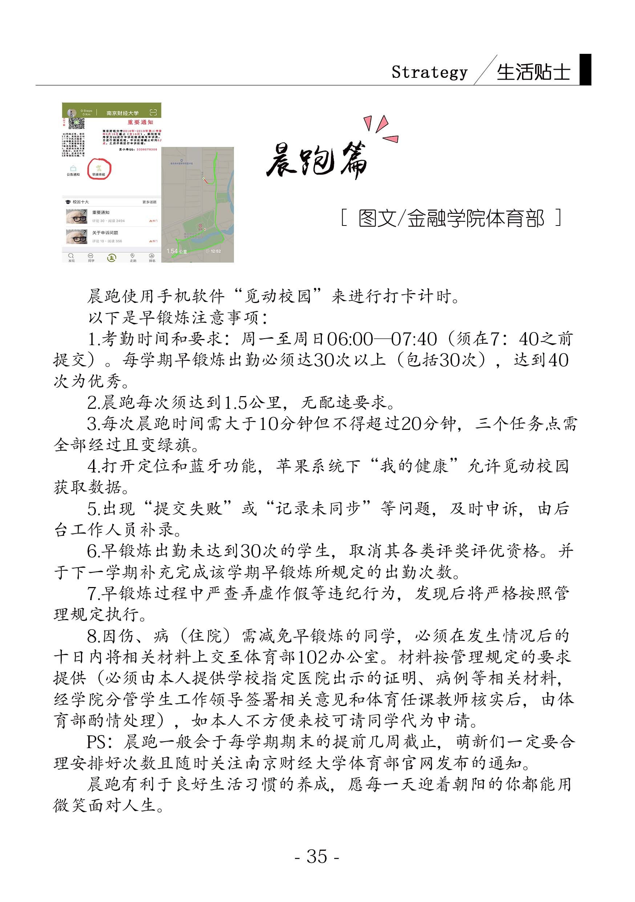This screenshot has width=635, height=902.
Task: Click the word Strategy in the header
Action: coord(429,72)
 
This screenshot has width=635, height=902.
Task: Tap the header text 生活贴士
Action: coord(533,72)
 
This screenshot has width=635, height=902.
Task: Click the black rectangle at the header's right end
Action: coord(585,69)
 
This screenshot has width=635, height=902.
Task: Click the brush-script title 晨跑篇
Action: coord(317,160)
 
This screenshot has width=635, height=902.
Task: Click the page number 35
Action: coord(317,856)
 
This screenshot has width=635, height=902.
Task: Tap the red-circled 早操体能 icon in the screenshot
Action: coord(99,169)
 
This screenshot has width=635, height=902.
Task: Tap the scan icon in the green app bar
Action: coord(153,112)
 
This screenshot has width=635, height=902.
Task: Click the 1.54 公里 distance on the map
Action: coord(176,251)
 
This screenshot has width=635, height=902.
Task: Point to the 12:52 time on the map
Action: coord(214,251)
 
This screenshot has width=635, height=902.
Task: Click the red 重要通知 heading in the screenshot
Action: coord(140,122)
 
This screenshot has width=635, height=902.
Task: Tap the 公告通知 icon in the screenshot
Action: coord(73,170)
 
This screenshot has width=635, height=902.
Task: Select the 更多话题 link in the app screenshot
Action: coord(149,202)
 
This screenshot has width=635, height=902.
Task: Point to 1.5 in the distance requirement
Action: coord(235,402)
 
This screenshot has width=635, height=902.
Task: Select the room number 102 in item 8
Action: coord(312,657)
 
